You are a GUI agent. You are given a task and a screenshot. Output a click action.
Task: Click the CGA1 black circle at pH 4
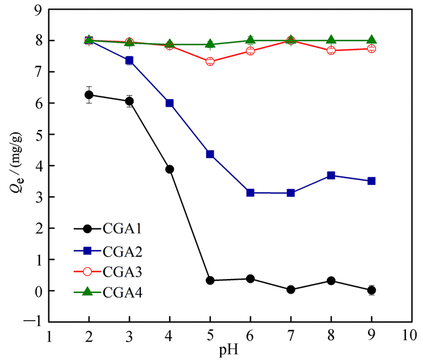point(170,169)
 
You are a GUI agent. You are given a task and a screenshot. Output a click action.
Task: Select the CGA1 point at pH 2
point(89,95)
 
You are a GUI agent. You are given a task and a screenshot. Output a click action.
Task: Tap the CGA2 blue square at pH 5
point(210,154)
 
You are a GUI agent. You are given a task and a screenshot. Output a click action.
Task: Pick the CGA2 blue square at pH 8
point(331,175)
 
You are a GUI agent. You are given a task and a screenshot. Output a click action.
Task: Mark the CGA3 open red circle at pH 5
point(210,62)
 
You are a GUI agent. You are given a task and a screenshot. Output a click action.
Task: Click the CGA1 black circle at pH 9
point(372,291)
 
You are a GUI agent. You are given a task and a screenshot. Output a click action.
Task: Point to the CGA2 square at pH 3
point(129,60)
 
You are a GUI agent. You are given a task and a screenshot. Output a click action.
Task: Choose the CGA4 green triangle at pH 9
point(372,40)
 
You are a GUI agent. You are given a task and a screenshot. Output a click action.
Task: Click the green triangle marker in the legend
point(87,292)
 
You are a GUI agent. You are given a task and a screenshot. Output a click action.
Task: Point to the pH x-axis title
point(230,350)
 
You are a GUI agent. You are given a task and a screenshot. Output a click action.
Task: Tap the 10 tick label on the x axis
point(412,334)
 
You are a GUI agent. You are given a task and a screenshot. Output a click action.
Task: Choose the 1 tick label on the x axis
point(48,334)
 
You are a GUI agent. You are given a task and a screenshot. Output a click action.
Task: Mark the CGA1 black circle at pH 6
point(251,279)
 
